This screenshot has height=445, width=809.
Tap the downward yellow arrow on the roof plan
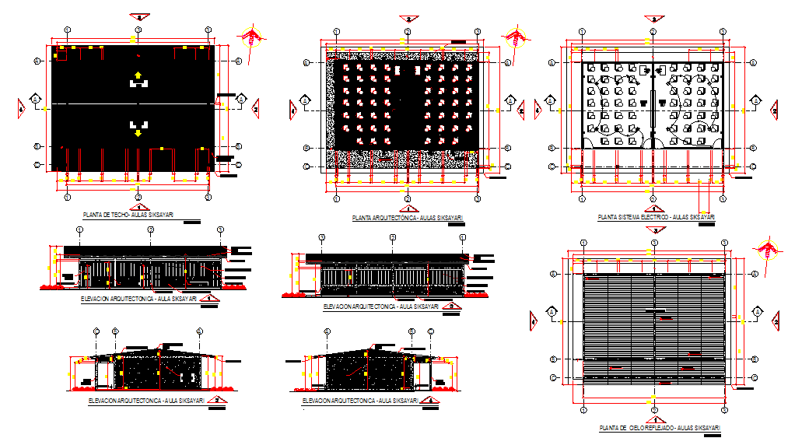pos(138,133)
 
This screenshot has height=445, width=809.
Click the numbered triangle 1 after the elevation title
pos(207,298)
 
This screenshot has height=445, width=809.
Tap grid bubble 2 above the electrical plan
pos(652,31)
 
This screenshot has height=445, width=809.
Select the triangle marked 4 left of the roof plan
pos(21,109)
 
